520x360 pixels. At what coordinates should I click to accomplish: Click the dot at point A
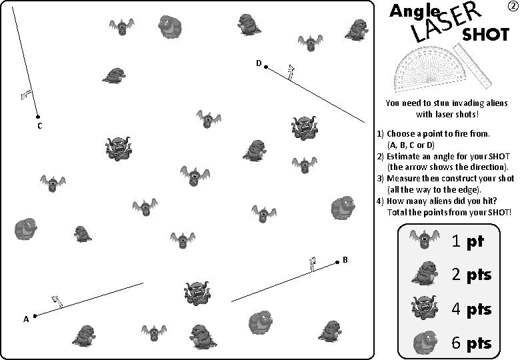(x=35, y=315)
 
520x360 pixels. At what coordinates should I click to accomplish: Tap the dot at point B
(x=337, y=263)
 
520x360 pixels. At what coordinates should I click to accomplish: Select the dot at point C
(x=37, y=116)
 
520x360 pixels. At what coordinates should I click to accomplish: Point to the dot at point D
(x=265, y=67)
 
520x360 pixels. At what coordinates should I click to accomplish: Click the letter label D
(x=258, y=63)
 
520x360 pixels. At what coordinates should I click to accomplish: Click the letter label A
(x=26, y=319)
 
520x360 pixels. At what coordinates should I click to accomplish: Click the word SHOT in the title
(x=485, y=35)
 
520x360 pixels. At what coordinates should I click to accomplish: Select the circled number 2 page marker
(x=512, y=7)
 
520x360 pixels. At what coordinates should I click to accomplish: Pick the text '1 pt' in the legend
(x=467, y=241)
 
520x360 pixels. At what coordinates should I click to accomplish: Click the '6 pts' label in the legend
(x=471, y=343)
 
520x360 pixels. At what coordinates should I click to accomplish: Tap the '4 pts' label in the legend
(x=471, y=309)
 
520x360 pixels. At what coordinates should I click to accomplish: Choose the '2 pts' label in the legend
(x=471, y=275)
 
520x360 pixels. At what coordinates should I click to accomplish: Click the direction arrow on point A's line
(x=57, y=301)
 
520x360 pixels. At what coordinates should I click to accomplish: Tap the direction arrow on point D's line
(x=290, y=71)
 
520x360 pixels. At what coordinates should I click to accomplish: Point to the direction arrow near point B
(x=312, y=264)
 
